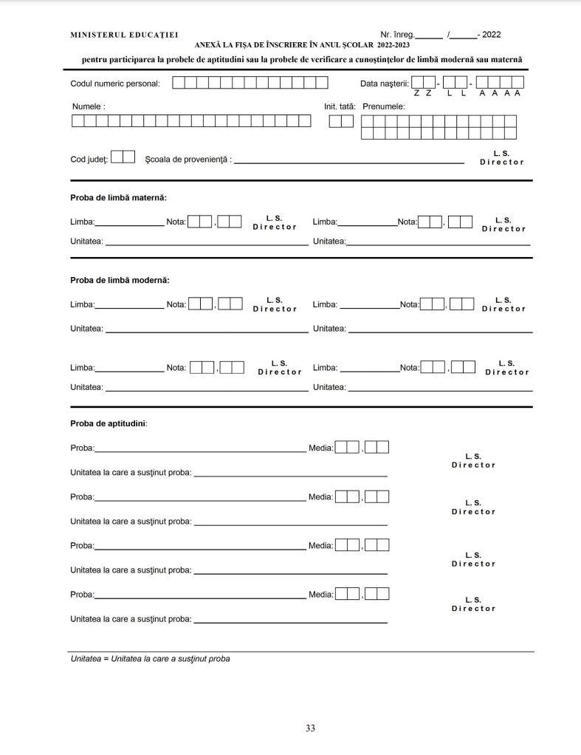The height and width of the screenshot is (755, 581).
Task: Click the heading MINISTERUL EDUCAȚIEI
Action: pyautogui.click(x=123, y=35)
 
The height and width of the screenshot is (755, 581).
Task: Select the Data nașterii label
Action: pyautogui.click(x=384, y=83)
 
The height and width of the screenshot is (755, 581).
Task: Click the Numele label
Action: pyautogui.click(x=88, y=106)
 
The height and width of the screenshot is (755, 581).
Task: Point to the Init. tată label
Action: pyautogui.click(x=339, y=106)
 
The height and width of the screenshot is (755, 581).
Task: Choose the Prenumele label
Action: pyautogui.click(x=383, y=106)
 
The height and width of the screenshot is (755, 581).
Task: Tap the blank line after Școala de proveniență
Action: pyautogui.click(x=348, y=161)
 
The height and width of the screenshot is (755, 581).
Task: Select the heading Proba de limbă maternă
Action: pyautogui.click(x=118, y=198)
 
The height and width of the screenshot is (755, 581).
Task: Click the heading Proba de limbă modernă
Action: pyautogui.click(x=120, y=280)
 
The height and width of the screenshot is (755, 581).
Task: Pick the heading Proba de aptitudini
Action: pyautogui.click(x=109, y=423)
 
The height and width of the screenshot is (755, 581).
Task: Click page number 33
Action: pyautogui.click(x=310, y=728)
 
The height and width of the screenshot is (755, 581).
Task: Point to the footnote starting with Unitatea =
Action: pyautogui.click(x=150, y=658)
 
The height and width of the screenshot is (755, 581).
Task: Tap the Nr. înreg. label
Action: pyautogui.click(x=397, y=35)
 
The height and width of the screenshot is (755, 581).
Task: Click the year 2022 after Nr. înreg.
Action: pyautogui.click(x=491, y=35)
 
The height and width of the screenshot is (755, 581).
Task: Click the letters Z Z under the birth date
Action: pyautogui.click(x=422, y=93)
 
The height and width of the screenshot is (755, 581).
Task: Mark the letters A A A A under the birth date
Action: pyautogui.click(x=500, y=93)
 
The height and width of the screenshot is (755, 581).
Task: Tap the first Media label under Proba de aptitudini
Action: pyautogui.click(x=320, y=447)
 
